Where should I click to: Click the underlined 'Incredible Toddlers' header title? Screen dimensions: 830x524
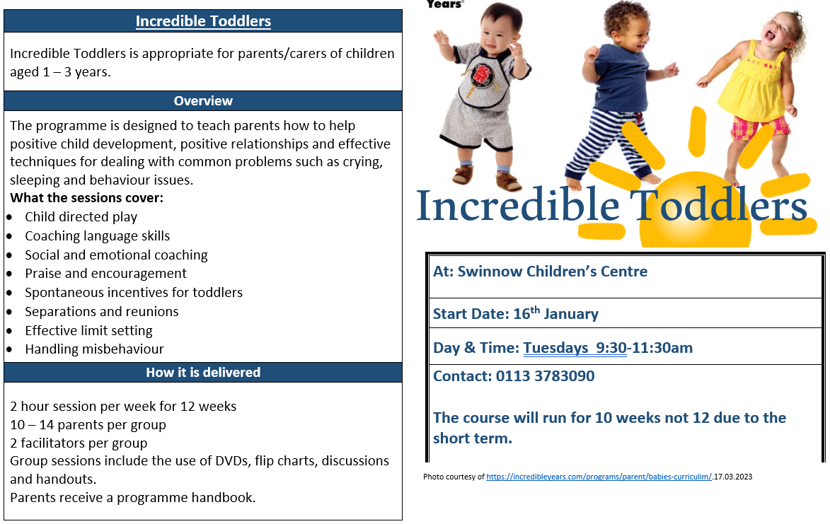203,21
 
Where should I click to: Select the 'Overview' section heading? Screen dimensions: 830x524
203,101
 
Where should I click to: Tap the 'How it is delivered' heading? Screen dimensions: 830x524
203,372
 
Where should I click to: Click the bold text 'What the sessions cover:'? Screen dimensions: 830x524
87,198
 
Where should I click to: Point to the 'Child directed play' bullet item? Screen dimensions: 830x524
81,217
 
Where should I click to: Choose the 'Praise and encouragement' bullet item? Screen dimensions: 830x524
106,274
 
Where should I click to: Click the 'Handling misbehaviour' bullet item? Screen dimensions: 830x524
94,349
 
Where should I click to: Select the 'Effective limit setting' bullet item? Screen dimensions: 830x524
89,330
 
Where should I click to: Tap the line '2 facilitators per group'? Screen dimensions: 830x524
79,443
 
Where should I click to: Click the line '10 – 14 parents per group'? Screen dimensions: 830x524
88,424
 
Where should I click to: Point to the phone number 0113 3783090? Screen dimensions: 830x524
546,376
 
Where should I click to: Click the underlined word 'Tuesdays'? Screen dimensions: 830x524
555,348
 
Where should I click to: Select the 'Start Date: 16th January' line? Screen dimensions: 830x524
516,313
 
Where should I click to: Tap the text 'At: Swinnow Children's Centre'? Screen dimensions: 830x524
540,272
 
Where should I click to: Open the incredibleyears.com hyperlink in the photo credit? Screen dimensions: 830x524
599,477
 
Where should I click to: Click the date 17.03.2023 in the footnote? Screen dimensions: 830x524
733,477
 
